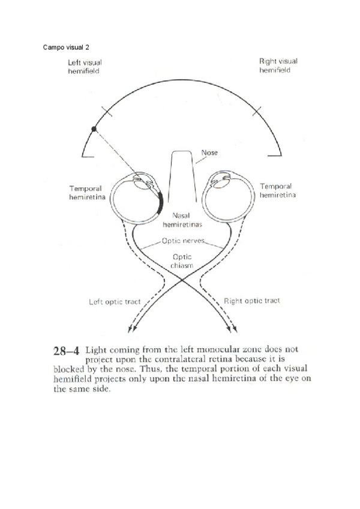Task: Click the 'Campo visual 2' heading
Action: pos(67,47)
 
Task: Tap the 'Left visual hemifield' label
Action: pos(84,66)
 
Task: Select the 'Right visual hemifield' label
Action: pos(278,65)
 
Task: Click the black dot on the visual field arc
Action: pos(93,128)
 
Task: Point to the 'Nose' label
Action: pos(209,152)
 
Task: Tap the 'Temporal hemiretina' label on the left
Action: pos(89,191)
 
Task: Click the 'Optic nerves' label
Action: pos(183,241)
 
